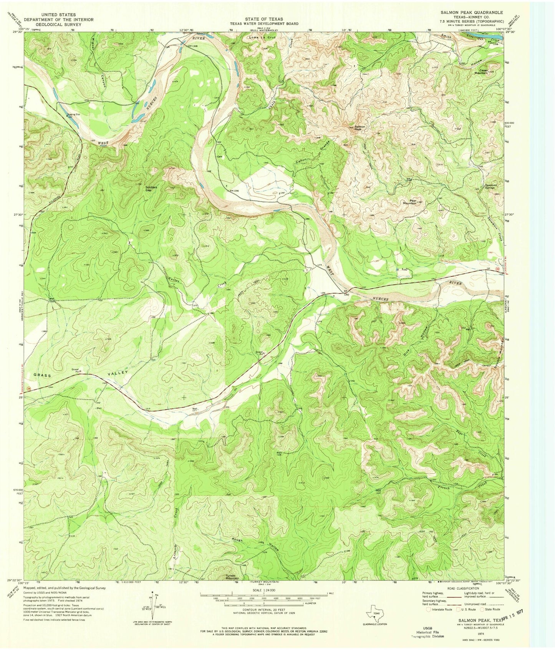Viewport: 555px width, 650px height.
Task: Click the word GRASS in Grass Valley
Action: pyautogui.click(x=42, y=375)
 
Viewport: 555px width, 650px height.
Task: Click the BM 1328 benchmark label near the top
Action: pyautogui.click(x=192, y=46)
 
